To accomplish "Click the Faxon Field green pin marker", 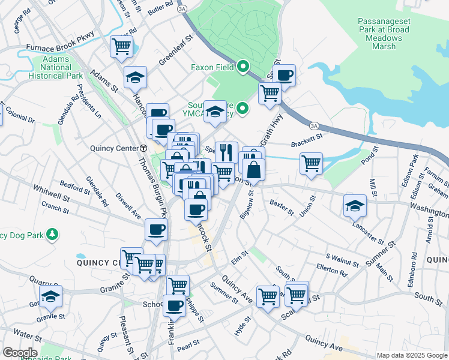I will [243, 67].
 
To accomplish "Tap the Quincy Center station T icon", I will [143, 148].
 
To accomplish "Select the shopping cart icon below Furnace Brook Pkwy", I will [122, 46].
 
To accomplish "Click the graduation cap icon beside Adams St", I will [136, 77].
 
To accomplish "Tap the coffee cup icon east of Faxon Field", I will [285, 76].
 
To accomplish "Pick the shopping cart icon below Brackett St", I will [311, 163].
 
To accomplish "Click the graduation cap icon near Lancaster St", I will [355, 205].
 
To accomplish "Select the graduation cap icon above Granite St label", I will [50, 296].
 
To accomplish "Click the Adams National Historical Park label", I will [62, 68].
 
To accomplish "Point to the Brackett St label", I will [307, 145].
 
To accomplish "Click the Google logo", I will [20, 353].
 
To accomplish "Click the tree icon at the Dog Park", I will [53, 233].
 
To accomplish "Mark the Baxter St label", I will [282, 208].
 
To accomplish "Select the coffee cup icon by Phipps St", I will [175, 305].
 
